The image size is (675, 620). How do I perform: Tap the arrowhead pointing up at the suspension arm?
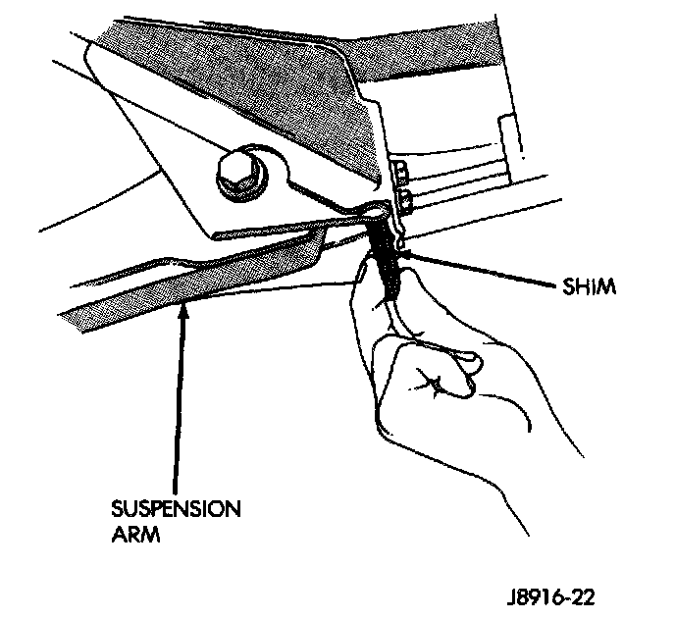(183, 312)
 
